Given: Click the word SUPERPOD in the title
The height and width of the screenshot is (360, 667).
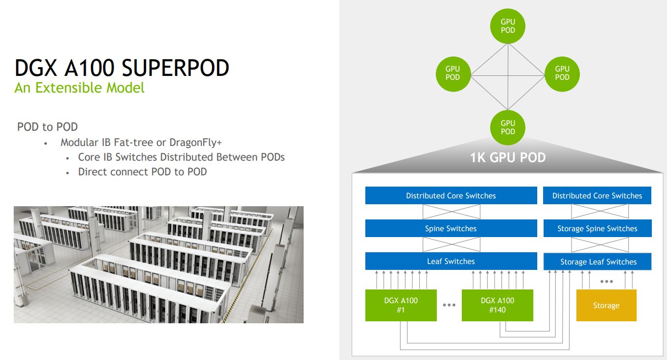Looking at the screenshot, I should tap(175, 68).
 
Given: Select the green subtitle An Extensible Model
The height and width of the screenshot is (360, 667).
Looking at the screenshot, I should tap(79, 88).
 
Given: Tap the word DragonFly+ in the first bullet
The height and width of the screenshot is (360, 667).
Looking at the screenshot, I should tap(195, 143).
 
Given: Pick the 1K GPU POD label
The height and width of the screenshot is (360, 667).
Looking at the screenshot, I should tap(508, 158).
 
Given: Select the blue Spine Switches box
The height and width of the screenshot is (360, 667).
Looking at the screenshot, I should tap(451, 229).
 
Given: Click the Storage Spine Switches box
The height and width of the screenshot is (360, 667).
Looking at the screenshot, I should tap(597, 229).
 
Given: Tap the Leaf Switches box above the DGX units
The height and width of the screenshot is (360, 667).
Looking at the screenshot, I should tap(451, 262).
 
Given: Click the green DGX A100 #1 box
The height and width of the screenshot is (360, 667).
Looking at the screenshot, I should tap(401, 305).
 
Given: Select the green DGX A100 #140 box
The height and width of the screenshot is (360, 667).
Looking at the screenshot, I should tap(497, 305).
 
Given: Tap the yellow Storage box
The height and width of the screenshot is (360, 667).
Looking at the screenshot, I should tap(606, 306).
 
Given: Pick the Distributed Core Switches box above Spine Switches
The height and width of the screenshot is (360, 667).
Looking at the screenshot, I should tap(451, 196).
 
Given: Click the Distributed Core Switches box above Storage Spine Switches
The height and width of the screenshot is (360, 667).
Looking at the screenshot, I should tap(597, 196).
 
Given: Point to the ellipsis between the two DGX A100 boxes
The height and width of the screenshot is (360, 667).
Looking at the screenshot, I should tap(449, 305).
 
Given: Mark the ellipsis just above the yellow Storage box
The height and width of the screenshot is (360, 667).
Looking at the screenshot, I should tap(606, 282).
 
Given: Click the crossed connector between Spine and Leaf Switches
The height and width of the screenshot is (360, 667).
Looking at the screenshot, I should tap(451, 245).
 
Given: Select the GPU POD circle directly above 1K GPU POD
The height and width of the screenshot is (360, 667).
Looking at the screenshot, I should tap(508, 127).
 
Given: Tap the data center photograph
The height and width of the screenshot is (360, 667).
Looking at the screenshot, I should tap(158, 264).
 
